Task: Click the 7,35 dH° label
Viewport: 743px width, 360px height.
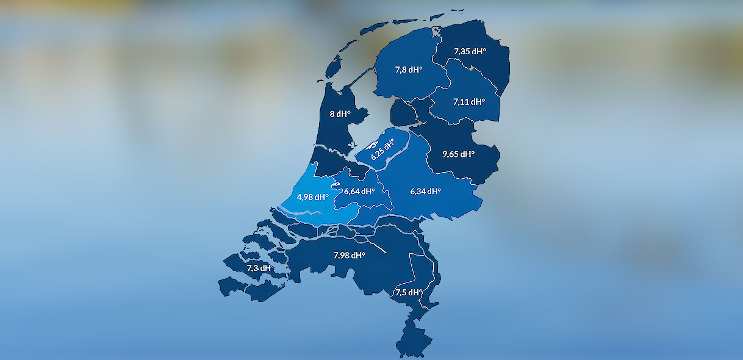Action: pos(470,51)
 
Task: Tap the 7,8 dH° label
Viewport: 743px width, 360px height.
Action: pos(409,70)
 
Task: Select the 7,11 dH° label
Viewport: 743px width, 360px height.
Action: pos(469,102)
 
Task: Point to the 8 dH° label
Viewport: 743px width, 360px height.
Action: pos(340,113)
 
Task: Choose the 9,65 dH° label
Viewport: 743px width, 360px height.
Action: pos(459,154)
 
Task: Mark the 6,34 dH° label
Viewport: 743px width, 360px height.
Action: pos(425,191)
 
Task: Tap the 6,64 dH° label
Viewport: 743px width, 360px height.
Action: pos(359,191)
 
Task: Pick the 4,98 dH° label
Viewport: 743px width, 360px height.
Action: pos(312,197)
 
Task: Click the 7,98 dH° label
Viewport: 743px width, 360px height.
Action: pos(349,255)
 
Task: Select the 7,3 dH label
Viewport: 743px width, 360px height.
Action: pos(258,268)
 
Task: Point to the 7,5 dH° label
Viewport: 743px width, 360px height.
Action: pos(409,292)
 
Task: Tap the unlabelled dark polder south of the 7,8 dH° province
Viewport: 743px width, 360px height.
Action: pos(401,113)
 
